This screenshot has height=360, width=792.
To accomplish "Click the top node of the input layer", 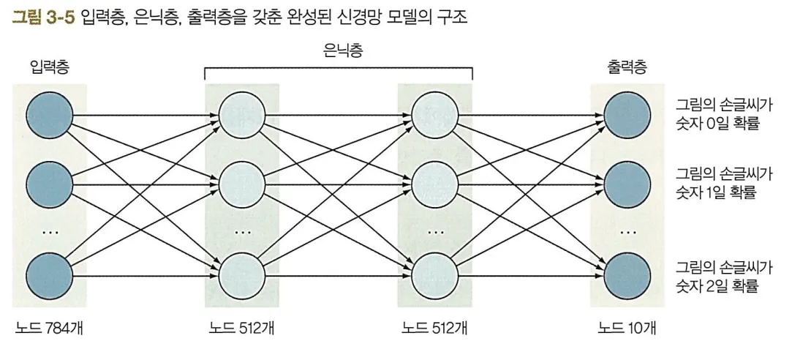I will pyautogui.click(x=50, y=116).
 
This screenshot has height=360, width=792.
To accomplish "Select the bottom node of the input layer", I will pyautogui.click(x=50, y=275).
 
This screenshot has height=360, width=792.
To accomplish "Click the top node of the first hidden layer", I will pyautogui.click(x=242, y=116).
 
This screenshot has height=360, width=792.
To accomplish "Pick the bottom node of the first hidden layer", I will pyautogui.click(x=242, y=275).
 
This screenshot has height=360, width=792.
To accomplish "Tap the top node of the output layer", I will pyautogui.click(x=627, y=116).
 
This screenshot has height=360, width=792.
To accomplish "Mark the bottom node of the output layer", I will pyautogui.click(x=627, y=275).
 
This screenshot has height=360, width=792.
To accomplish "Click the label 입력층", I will pyautogui.click(x=50, y=68).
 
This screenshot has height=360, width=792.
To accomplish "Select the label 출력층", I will pyautogui.click(x=627, y=68).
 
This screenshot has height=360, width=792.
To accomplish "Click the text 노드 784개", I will pyautogui.click(x=49, y=329).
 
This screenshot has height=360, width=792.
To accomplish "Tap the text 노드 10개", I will pyautogui.click(x=627, y=329).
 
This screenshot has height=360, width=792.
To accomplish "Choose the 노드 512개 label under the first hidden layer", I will pyautogui.click(x=242, y=329).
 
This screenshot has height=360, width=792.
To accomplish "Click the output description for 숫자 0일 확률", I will pyautogui.click(x=723, y=113).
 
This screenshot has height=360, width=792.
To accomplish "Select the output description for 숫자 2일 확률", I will pyautogui.click(x=723, y=276).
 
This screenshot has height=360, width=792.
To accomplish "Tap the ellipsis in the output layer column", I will pyautogui.click(x=627, y=233).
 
